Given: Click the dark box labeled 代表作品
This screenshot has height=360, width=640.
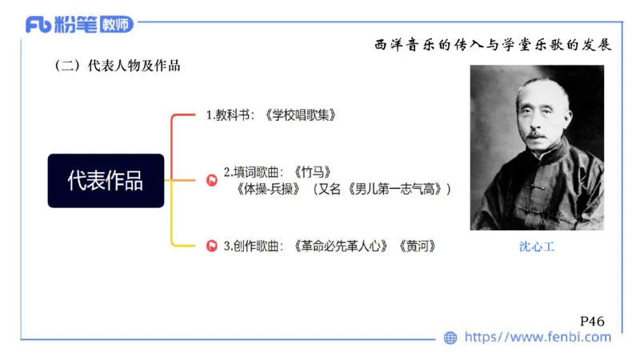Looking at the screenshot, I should (x=106, y=181).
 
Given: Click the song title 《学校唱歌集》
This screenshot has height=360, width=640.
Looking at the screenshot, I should (x=299, y=115).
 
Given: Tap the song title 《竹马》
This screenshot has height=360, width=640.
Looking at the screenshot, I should (x=312, y=172).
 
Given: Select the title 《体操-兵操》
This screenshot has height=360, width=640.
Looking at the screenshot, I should (x=269, y=190).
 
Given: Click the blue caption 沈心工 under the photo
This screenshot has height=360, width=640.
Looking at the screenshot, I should (x=537, y=247).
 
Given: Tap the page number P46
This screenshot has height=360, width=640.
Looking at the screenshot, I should (x=591, y=320).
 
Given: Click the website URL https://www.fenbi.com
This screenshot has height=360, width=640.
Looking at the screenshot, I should (x=538, y=338).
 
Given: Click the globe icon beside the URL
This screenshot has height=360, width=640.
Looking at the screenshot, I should (x=450, y=338).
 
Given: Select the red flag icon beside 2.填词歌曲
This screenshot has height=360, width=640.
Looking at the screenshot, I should (x=212, y=180).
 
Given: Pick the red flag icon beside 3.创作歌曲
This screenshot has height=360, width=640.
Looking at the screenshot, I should (x=212, y=246).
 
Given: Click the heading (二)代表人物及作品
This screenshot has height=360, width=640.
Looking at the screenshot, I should (x=116, y=66).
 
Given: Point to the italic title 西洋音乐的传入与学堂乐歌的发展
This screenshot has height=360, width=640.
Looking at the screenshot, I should (x=493, y=44).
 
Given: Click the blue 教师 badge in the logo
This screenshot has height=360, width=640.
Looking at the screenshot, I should (x=116, y=25).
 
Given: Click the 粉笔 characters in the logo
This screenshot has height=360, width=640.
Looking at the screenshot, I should (x=77, y=25).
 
